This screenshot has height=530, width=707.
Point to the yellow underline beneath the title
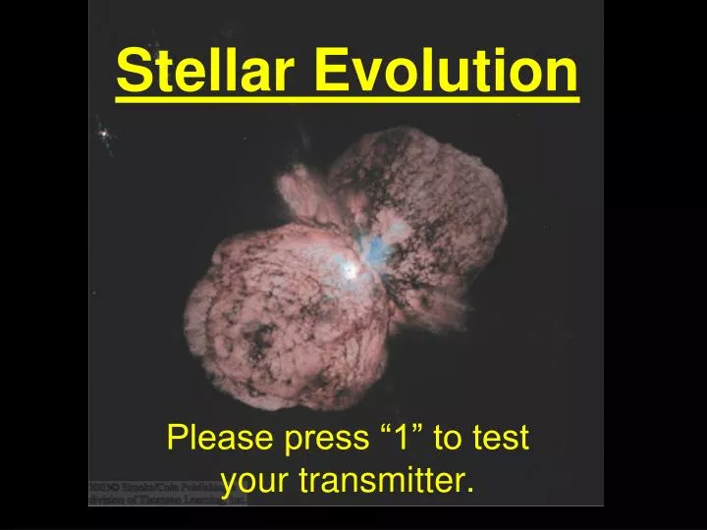coord(348,98)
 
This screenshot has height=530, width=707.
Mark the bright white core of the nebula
coord(349,267)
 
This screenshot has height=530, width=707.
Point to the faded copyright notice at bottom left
coord(167,492)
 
